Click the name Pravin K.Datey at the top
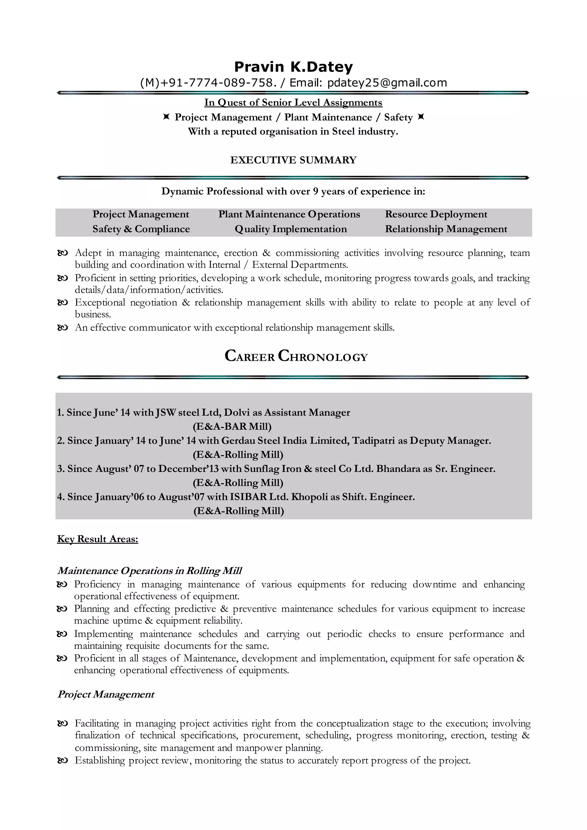coord(293,67)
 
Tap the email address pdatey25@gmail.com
coord(387,83)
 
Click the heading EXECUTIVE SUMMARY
coord(293,160)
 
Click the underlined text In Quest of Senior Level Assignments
coord(293,102)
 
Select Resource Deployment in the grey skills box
coord(436,214)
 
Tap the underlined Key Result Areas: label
coord(97,539)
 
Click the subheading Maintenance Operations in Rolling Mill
coord(149,571)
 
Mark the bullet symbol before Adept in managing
coord(62,253)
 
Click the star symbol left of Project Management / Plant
coord(166,117)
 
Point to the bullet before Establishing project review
coord(62,761)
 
